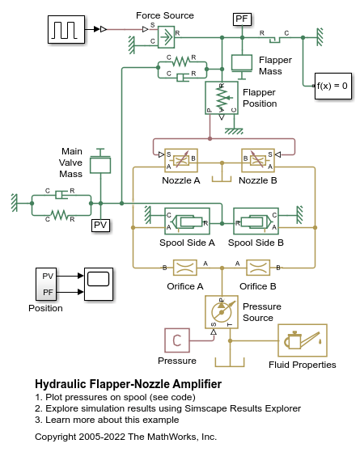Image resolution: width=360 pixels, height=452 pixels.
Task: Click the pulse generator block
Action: point(66,29)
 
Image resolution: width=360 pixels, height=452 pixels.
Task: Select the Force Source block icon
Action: point(166,37)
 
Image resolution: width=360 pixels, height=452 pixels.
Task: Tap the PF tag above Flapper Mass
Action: point(243,19)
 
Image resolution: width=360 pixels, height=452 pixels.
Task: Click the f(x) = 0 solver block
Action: point(333,86)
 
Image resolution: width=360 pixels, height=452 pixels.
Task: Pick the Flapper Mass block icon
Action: point(242,63)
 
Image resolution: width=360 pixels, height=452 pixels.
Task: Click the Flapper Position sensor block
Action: point(222,98)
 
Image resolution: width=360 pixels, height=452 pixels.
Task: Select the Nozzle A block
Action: point(181,160)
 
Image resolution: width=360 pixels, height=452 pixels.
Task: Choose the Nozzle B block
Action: point(258,160)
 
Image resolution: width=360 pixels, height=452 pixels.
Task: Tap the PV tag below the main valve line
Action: point(100,225)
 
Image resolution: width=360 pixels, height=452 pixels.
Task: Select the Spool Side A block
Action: point(187,221)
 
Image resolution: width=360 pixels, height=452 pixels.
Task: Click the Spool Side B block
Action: point(256,221)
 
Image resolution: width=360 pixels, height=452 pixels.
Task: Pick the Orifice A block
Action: point(185,268)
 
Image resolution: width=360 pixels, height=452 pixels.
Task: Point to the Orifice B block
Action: point(258,268)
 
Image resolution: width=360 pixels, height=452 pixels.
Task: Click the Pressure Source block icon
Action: point(222,312)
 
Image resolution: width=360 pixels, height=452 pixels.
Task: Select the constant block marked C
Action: point(177,340)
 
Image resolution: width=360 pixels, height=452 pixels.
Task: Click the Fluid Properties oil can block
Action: point(303,340)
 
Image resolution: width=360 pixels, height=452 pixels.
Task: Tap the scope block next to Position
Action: point(99,285)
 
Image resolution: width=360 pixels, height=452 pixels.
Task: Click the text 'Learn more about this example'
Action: point(112,420)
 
